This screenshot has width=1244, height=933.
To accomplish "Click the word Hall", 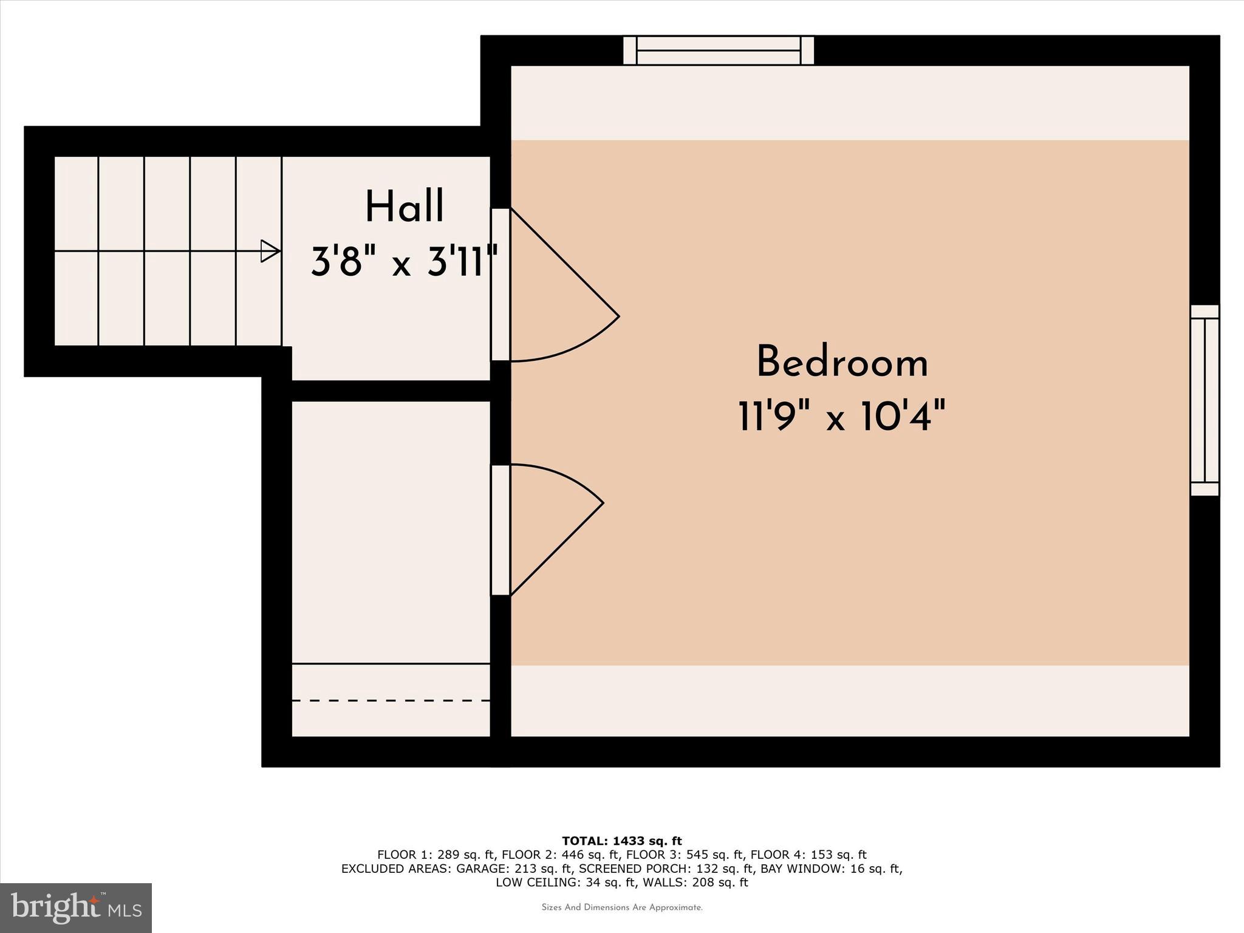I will click(405, 207).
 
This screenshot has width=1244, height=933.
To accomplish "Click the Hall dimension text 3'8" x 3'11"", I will click(405, 262).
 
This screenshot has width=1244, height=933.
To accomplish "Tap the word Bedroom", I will click(842, 363).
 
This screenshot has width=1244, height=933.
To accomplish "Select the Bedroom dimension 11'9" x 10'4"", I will click(842, 417).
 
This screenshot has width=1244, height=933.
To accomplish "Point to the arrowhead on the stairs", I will click(270, 251).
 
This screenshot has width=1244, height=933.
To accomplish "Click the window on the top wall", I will click(719, 50).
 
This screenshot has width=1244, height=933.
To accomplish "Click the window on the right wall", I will click(1205, 400).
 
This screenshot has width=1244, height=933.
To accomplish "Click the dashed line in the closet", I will click(391, 700).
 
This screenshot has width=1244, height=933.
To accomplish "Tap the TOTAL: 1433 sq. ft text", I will click(622, 841).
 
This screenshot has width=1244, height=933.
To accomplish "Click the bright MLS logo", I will click(76, 907).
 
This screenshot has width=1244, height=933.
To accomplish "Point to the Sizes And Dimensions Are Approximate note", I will click(622, 907).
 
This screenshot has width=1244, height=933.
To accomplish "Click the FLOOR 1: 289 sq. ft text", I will click(436, 855).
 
